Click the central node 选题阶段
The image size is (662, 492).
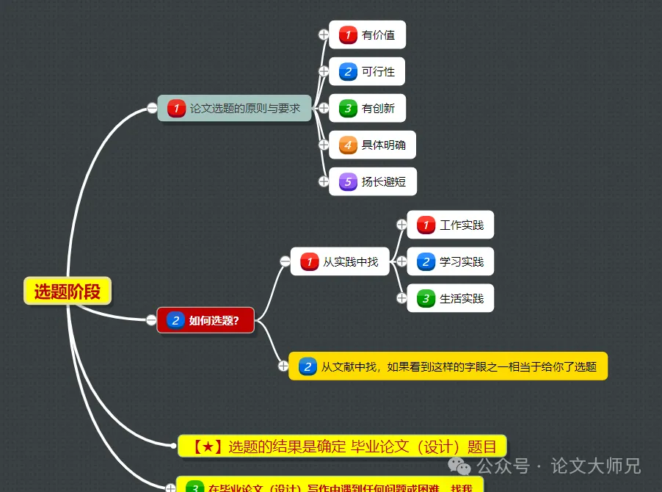click(67, 291)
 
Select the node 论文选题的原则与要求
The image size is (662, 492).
click(235, 109)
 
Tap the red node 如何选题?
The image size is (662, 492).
click(205, 320)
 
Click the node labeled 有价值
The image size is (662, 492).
click(367, 35)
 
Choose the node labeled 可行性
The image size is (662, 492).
click(367, 71)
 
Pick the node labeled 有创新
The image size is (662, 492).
click(367, 108)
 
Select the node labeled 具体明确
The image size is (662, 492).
click(372, 145)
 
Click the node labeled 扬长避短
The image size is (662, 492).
click(372, 181)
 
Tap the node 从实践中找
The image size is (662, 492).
click(339, 261)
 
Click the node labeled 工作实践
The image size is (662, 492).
click(450, 225)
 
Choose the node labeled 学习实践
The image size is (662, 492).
click(450, 261)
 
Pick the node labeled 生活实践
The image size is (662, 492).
click(450, 298)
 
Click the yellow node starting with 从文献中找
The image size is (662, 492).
click(448, 366)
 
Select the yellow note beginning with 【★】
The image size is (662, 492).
click(342, 446)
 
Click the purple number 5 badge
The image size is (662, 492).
click(348, 181)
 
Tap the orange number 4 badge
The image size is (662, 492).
click(348, 145)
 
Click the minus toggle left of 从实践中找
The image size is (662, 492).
click(285, 261)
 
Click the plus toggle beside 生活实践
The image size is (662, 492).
click(401, 297)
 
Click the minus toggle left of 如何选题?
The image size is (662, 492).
click(151, 319)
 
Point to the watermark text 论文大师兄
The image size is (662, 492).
click(596, 466)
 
